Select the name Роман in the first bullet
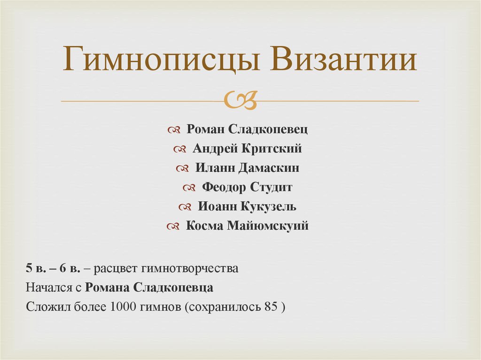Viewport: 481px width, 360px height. [x=205, y=130]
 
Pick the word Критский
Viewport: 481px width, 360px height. [x=272, y=149]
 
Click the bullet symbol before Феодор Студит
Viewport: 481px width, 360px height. [x=189, y=188]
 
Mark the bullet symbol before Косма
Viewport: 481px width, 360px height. [x=172, y=226]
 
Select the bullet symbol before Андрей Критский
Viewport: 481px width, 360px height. [x=179, y=149]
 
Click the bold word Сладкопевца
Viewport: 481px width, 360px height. [x=174, y=288]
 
